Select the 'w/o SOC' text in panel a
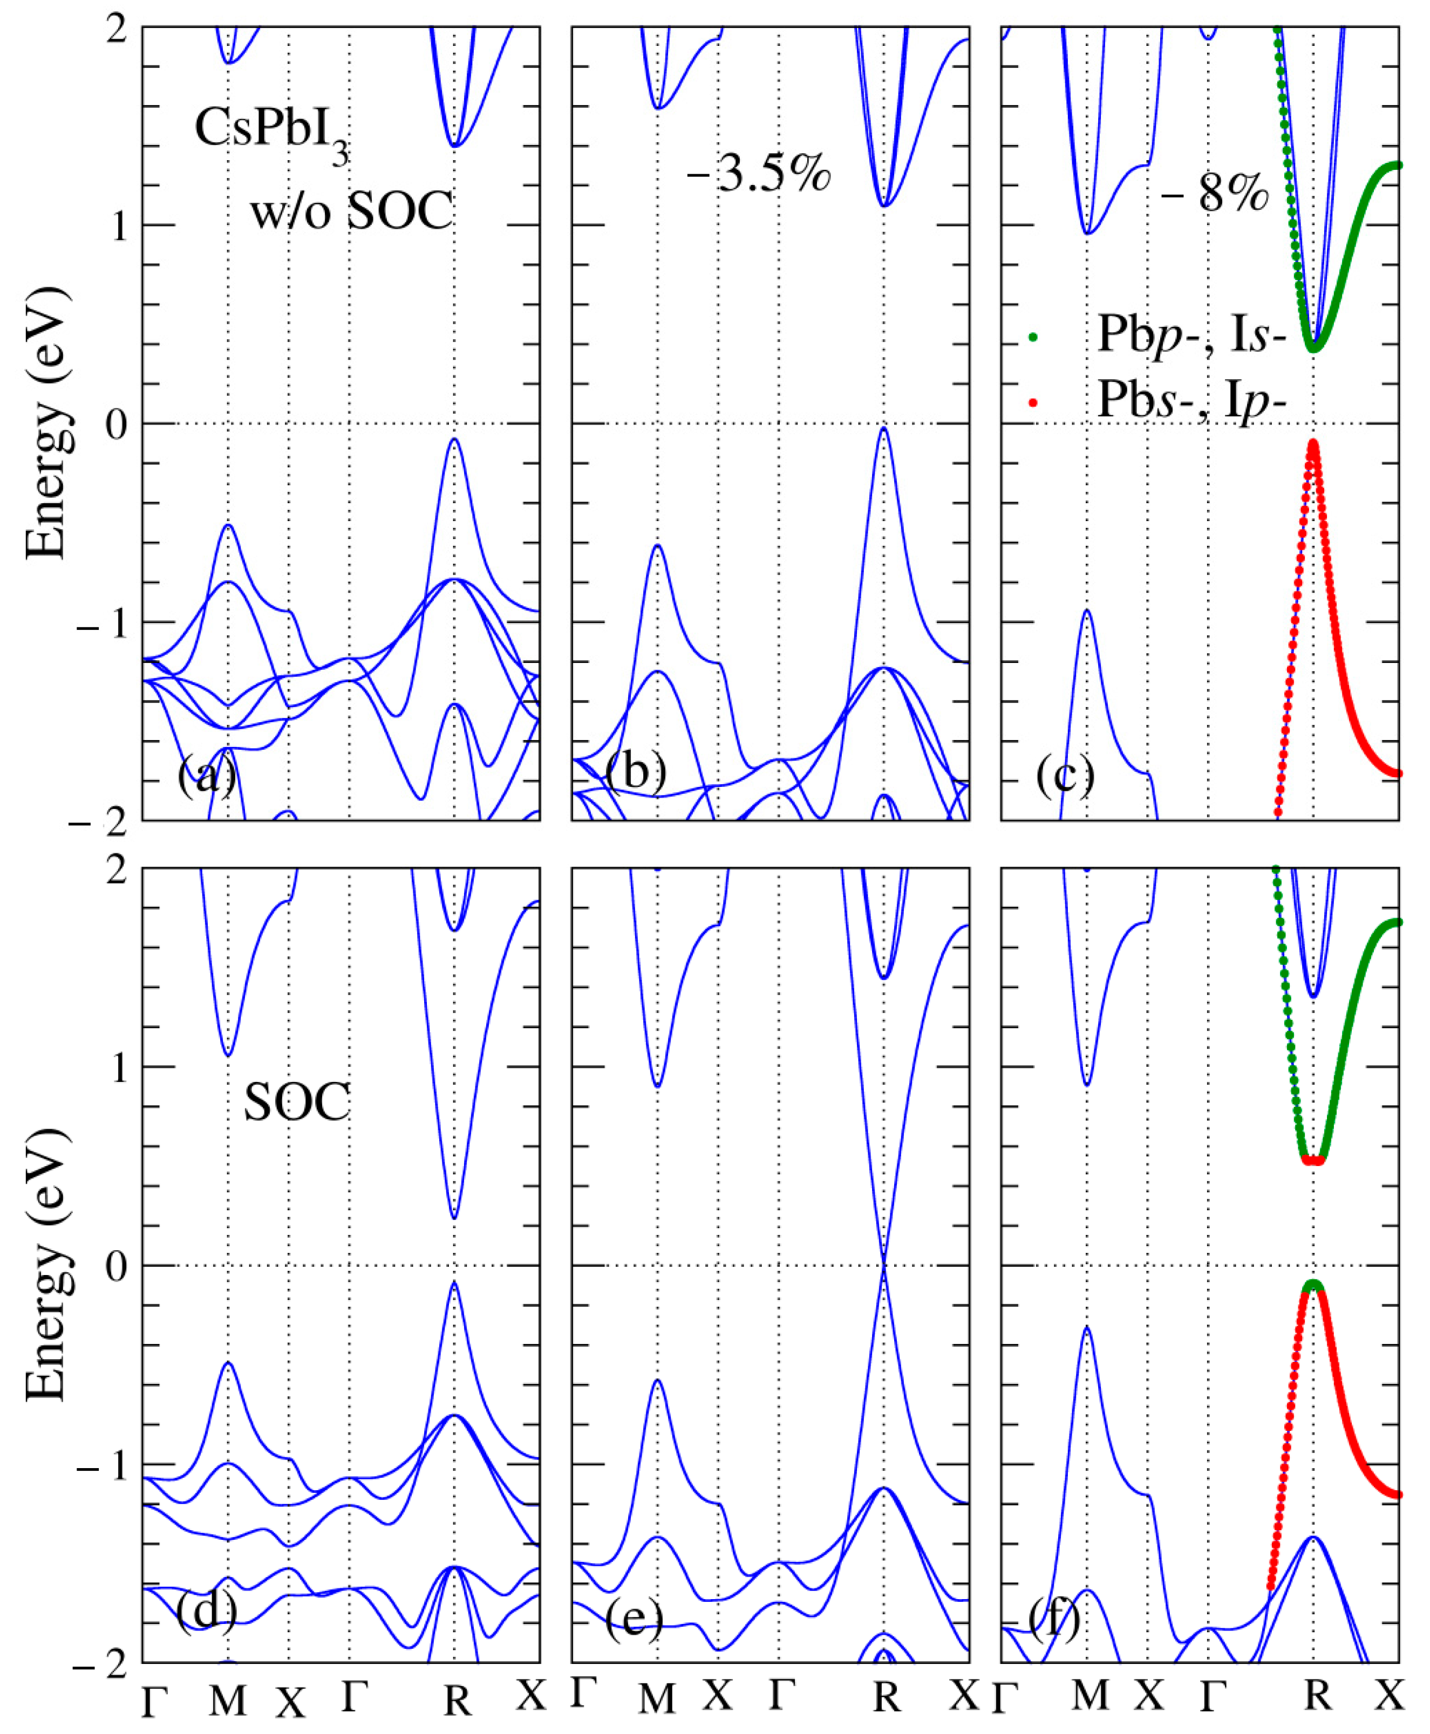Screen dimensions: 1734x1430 click(x=352, y=211)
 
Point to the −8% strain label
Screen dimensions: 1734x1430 click(x=1215, y=194)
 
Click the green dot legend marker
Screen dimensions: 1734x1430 click(x=1032, y=337)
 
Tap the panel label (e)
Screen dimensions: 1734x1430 click(x=634, y=1619)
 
